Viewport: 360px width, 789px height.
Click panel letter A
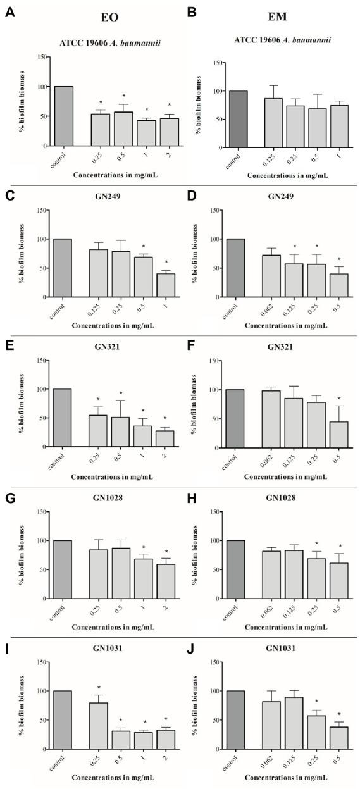point(9,13)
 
